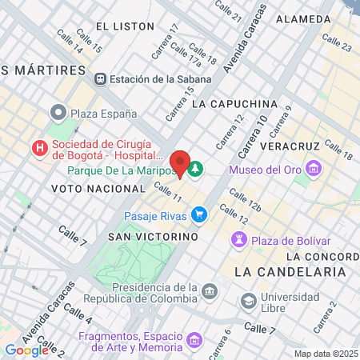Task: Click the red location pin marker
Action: pyautogui.click(x=180, y=163)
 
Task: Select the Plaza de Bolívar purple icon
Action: pyautogui.click(x=239, y=240)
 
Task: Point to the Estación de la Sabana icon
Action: pyautogui.click(x=100, y=78)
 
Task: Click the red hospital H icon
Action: pyautogui.click(x=38, y=149)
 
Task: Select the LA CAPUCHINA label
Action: pyautogui.click(x=234, y=104)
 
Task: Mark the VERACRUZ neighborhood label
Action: pyautogui.click(x=295, y=146)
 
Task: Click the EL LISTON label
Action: pyautogui.click(x=124, y=26)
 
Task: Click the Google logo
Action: pyautogui.click(x=26, y=350)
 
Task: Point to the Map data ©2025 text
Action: pyautogui.click(x=326, y=354)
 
